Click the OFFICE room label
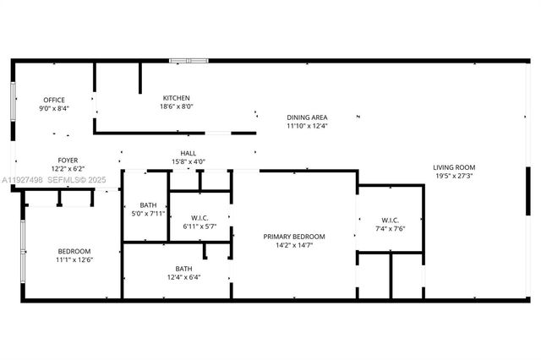(x=54, y=100)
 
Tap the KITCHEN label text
(x=177, y=98)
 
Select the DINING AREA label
(x=307, y=117)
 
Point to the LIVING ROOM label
(x=454, y=167)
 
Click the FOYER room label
(x=68, y=160)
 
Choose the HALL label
(x=189, y=153)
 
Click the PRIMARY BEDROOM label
(x=294, y=237)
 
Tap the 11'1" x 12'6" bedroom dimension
(x=74, y=259)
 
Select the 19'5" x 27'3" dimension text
(x=454, y=176)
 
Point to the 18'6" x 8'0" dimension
(x=177, y=106)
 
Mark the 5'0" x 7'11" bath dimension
(x=148, y=212)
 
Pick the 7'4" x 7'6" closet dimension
(x=390, y=229)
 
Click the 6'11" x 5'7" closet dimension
(x=200, y=226)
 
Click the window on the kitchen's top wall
(x=188, y=60)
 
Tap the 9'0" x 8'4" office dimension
(x=54, y=108)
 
